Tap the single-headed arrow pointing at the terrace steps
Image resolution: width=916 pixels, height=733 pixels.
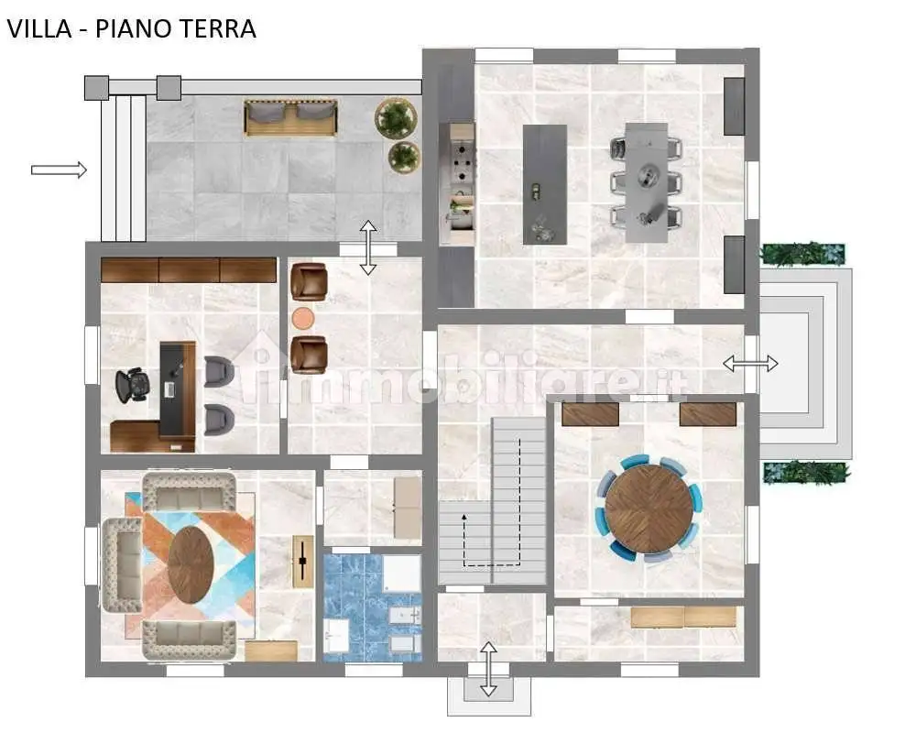pos(59,170)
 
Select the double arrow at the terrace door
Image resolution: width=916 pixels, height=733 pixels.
pos(367,247)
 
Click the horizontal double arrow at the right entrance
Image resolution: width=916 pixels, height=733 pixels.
pos(750,364)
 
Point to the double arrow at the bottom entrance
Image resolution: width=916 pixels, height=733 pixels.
pos(488,669)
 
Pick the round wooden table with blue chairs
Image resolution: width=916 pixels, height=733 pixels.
pos(649,509)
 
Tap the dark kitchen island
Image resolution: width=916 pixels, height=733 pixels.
pos(545,183)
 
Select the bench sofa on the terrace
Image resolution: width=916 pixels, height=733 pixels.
pos(290,117)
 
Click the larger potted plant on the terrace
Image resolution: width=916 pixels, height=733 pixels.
pos(396,118)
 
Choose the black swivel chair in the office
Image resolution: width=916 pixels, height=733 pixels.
pos(133,385)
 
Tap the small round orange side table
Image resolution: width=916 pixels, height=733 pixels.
pos(302,318)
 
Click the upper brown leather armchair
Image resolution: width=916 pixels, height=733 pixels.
pos(308,281)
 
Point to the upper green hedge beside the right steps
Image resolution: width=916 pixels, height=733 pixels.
pos(802,255)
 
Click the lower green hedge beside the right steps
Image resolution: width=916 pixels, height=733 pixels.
pos(806,473)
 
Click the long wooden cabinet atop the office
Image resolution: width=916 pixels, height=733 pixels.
pos(189,269)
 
